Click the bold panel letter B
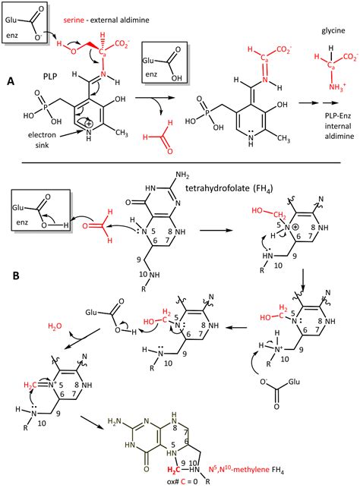click(x=16, y=275)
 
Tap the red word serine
click(x=74, y=20)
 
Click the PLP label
click(x=50, y=76)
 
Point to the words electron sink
click(x=42, y=140)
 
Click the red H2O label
click(x=55, y=326)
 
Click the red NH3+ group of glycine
click(x=337, y=87)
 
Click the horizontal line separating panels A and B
click(x=181, y=162)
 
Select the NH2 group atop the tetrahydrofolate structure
click(x=182, y=176)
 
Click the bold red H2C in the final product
click(x=173, y=469)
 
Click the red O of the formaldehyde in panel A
click(x=169, y=151)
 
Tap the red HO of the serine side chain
click(x=67, y=47)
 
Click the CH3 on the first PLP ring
click(x=122, y=134)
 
